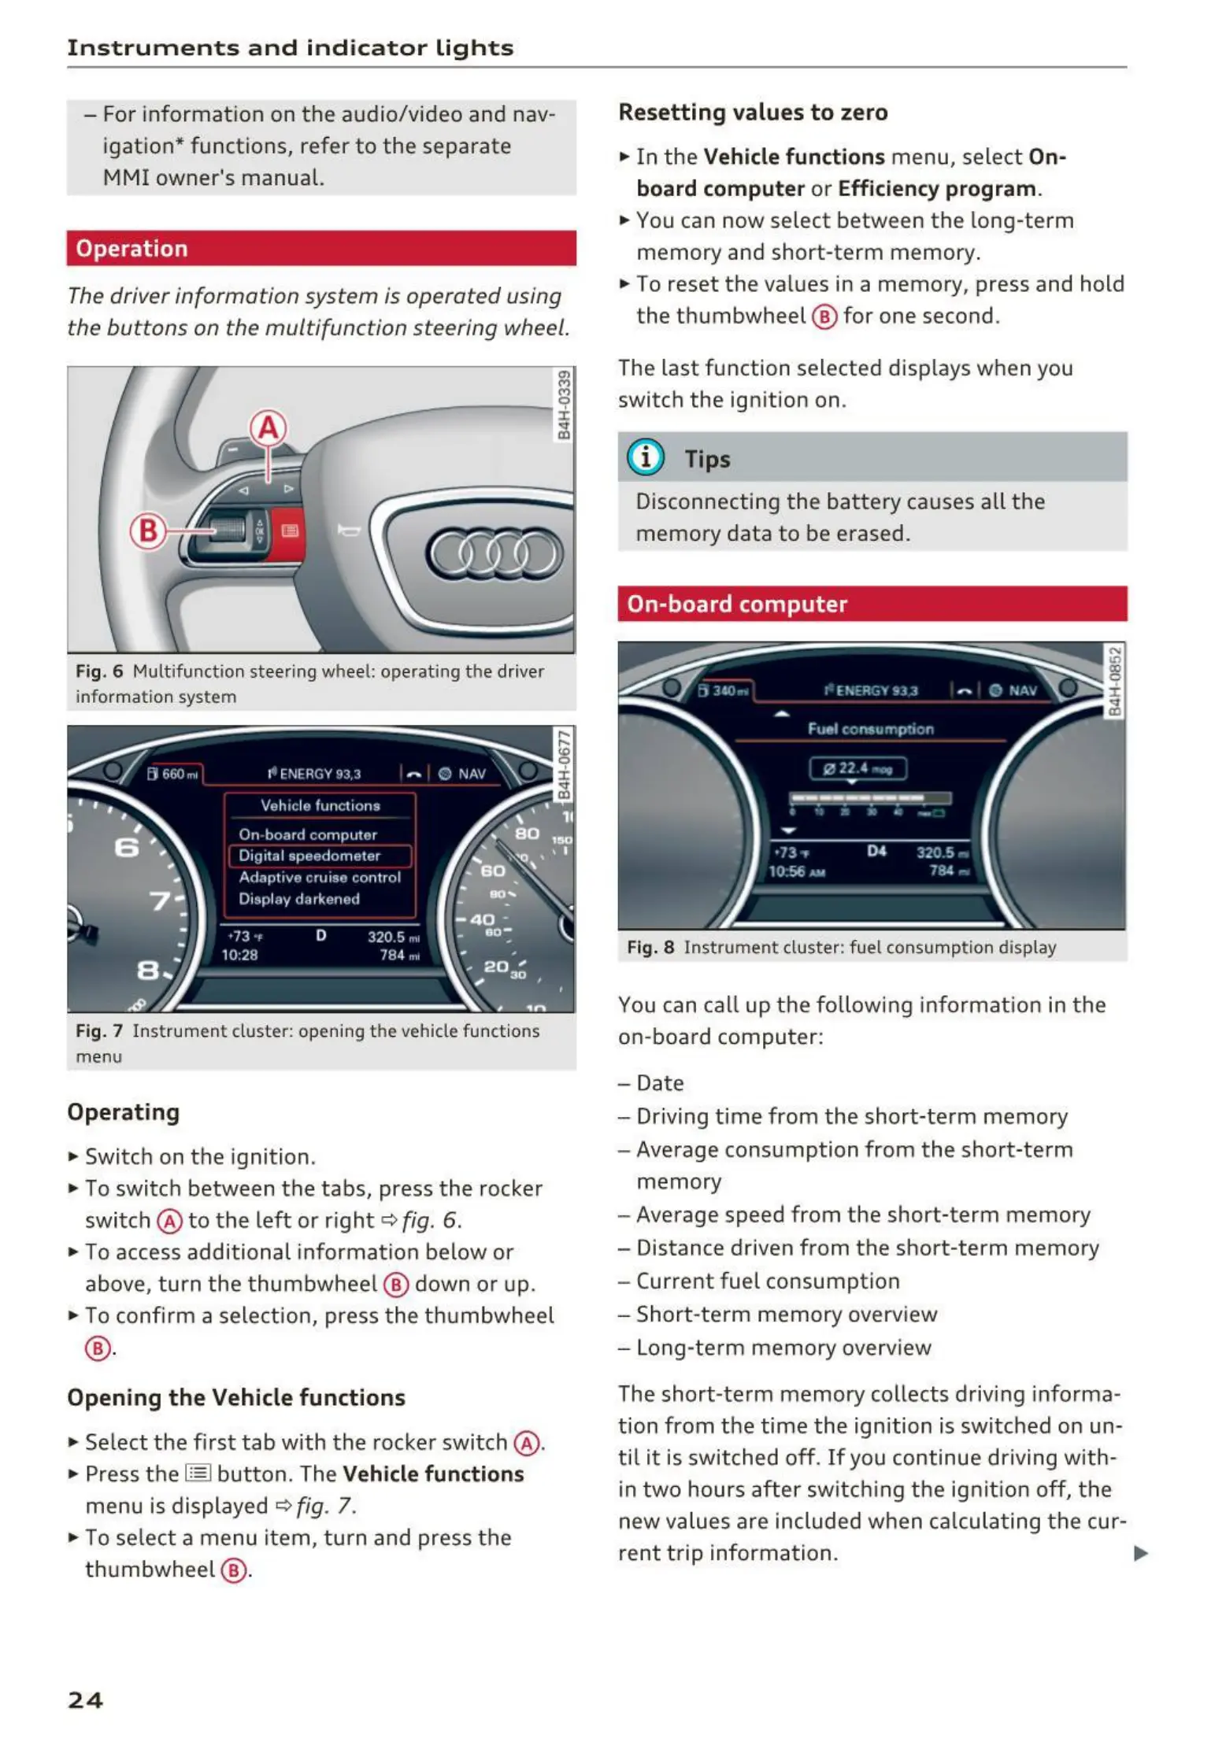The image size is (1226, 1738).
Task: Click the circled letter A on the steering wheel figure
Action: click(x=268, y=428)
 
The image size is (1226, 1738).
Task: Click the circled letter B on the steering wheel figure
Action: click(x=147, y=531)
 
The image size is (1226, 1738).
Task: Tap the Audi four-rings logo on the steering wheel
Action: click(x=494, y=553)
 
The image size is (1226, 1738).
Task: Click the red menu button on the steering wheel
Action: click(x=289, y=531)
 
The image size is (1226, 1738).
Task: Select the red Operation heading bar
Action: click(x=321, y=249)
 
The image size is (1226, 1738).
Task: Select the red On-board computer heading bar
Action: click(x=872, y=604)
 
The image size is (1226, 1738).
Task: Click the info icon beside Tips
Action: click(x=646, y=457)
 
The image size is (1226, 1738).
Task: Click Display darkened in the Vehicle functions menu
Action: click(x=299, y=899)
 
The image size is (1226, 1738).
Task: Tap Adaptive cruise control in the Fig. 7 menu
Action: click(x=320, y=877)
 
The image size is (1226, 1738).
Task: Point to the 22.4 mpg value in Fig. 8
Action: click(x=857, y=768)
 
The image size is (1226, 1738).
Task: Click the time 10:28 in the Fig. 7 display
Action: click(x=239, y=955)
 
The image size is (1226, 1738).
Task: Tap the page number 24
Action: click(x=85, y=1700)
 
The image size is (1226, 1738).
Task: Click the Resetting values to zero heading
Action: click(x=753, y=113)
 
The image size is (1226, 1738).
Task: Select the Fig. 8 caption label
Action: click(x=650, y=947)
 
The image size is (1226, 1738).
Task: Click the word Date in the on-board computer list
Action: click(x=660, y=1083)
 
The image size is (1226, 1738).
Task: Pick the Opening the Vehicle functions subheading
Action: click(x=236, y=1397)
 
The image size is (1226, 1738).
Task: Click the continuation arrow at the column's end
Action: click(x=1140, y=1553)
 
